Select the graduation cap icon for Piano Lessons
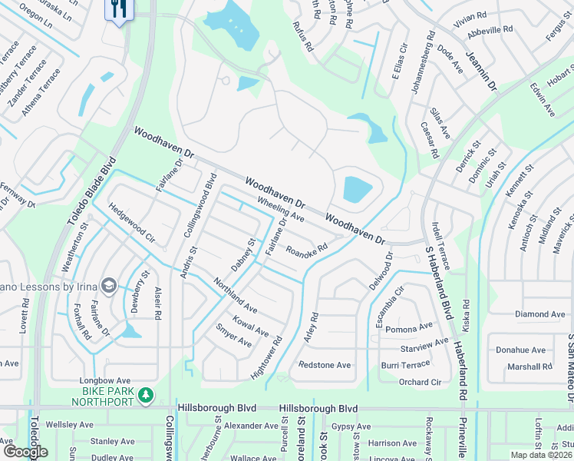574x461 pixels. (x=108, y=286)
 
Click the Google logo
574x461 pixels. (x=25, y=452)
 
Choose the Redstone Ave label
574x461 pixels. (x=325, y=365)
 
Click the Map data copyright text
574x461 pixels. (x=539, y=455)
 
